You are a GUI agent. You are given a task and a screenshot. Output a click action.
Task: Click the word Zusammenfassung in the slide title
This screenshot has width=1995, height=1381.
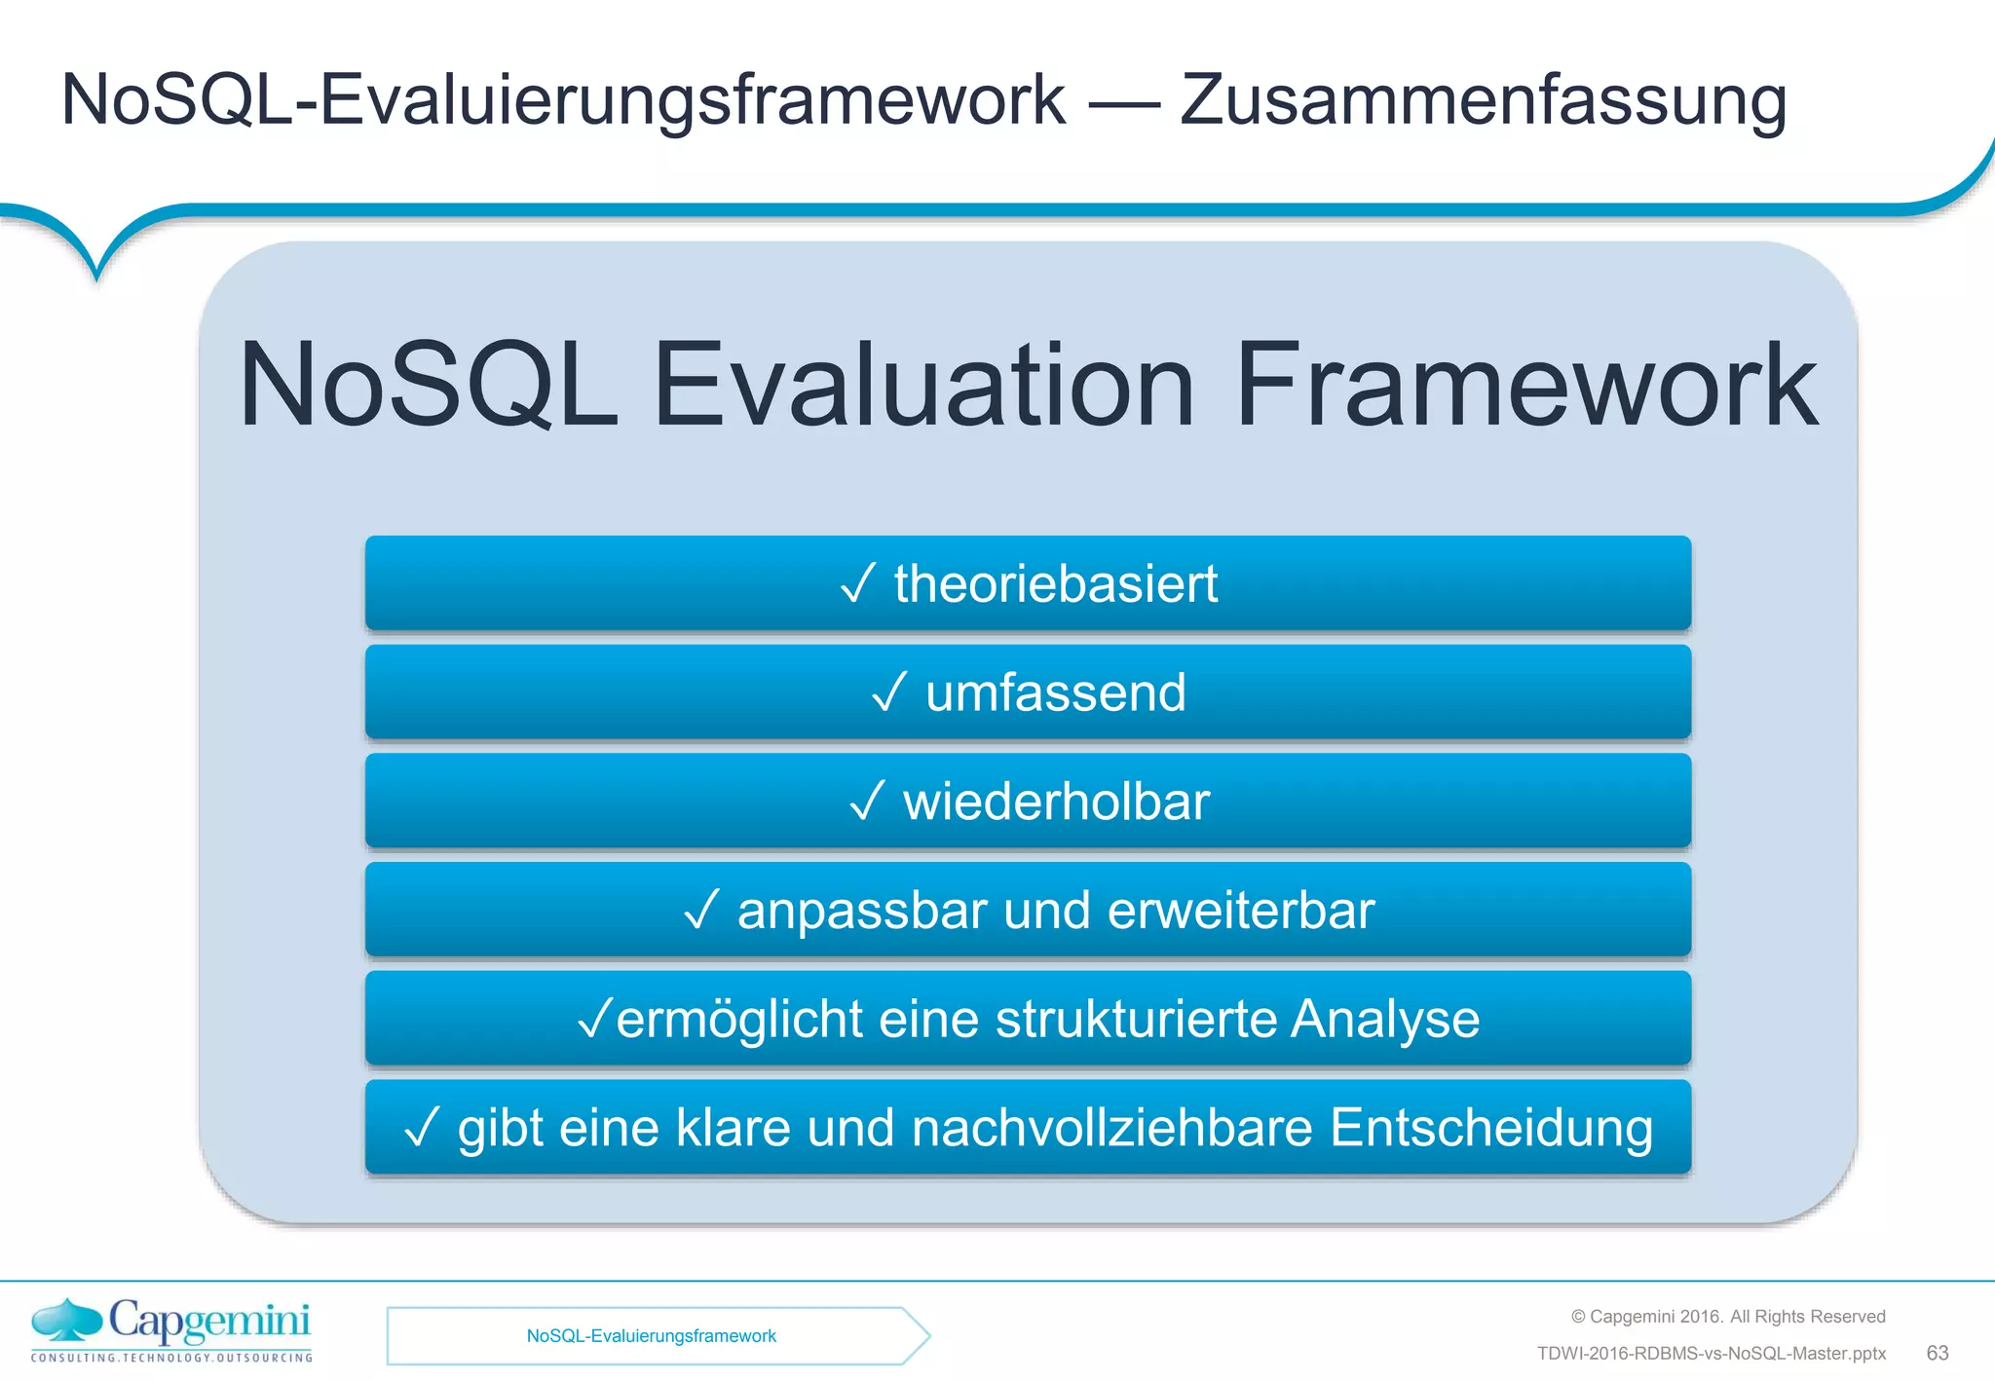(x=1483, y=100)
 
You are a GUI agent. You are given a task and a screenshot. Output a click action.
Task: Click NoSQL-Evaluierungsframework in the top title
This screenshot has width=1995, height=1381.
(x=563, y=100)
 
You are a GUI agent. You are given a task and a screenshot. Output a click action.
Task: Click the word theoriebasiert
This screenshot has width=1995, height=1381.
(x=1056, y=584)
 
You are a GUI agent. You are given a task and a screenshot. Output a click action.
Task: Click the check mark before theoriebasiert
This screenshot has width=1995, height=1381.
(x=858, y=583)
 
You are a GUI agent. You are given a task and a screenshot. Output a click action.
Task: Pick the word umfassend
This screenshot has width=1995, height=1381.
(x=1056, y=693)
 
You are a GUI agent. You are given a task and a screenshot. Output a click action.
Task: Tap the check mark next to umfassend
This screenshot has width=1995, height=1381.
(x=889, y=692)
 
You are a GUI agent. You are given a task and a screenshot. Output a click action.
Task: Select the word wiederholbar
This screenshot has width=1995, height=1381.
(x=1056, y=802)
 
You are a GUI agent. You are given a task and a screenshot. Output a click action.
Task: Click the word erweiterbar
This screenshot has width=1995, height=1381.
(x=1241, y=912)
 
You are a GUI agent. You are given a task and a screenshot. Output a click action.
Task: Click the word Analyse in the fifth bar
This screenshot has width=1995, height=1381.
(x=1385, y=1020)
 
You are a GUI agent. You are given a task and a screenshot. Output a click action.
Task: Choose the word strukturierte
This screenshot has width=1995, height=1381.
(x=1136, y=1020)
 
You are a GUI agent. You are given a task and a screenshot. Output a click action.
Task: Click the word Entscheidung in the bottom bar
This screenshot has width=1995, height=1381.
(x=1490, y=1129)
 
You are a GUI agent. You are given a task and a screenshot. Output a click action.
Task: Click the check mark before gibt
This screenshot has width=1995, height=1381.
(x=422, y=1128)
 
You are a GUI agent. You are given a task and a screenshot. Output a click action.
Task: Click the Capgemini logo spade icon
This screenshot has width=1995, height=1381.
(x=66, y=1319)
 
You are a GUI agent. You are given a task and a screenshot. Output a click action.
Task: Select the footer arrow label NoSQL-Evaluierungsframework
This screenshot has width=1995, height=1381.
(x=651, y=1336)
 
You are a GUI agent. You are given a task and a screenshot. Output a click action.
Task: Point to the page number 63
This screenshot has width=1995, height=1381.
(x=1937, y=1353)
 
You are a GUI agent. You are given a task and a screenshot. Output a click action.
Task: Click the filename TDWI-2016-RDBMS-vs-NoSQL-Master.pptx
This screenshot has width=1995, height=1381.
(x=1711, y=1354)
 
